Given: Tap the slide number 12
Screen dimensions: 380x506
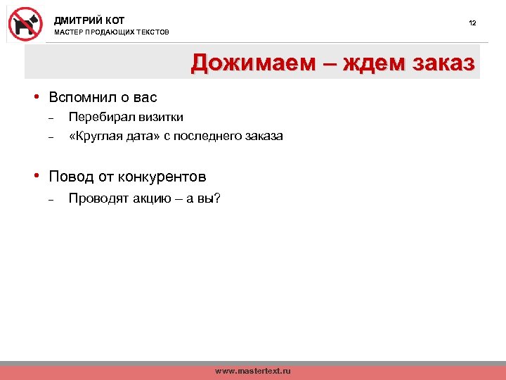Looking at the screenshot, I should pos(472,23).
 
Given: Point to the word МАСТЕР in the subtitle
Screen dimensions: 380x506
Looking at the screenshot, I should pos(68,33).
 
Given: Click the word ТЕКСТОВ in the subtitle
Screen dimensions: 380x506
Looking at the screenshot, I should pos(152,33).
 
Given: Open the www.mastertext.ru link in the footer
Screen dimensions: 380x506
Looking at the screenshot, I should pos(252,371).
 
